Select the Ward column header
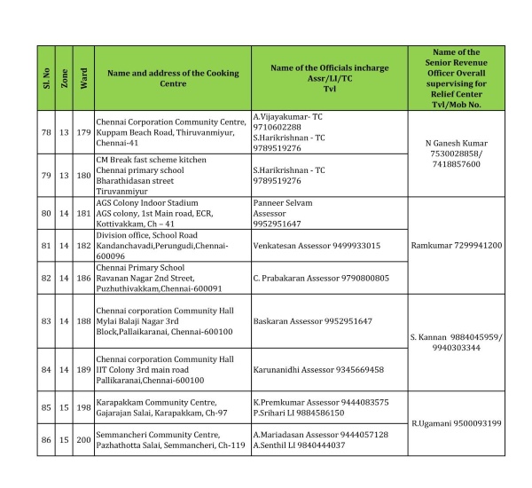(82, 77)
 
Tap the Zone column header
(64, 77)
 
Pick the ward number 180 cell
(82, 175)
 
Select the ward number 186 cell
(82, 278)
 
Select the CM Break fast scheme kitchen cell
(172, 175)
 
